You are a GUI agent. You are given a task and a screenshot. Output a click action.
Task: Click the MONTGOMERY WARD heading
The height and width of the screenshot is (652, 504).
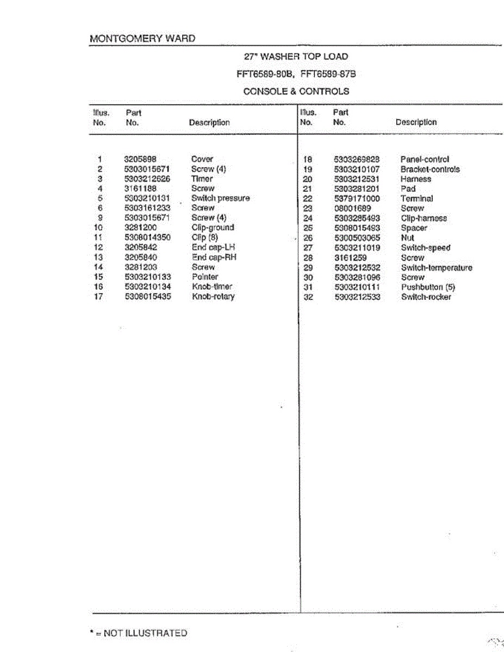coord(142,39)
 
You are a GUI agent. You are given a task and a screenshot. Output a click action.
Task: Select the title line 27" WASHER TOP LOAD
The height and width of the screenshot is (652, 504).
coord(296,57)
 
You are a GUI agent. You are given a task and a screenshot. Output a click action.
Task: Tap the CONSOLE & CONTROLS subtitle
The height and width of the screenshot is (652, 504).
coord(296,91)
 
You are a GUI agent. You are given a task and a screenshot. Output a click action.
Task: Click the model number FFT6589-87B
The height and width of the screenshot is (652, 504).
coord(331,74)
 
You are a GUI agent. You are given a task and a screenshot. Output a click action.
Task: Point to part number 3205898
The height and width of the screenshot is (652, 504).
coord(140,159)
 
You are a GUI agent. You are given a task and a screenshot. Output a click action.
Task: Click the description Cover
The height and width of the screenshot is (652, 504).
coord(202,159)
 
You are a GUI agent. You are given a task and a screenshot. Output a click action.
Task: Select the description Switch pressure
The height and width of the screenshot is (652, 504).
coord(220,198)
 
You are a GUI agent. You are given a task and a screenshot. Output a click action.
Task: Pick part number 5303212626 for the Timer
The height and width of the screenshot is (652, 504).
coord(148,179)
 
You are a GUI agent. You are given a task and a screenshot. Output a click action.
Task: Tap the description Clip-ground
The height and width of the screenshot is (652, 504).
coord(213,228)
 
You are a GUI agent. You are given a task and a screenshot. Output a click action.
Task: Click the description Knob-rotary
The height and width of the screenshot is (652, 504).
coord(213,297)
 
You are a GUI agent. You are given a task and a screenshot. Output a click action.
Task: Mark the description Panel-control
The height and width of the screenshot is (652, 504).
coord(425,160)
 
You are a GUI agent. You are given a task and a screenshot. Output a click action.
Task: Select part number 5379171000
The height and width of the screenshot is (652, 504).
coord(357,199)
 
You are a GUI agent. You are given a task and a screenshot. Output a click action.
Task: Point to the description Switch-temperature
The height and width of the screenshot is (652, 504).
coord(437,268)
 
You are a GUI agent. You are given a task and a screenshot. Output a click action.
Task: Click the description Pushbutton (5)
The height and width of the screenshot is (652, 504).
coord(428,287)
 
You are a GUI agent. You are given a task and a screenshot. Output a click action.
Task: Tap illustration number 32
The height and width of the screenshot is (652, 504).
coord(308,297)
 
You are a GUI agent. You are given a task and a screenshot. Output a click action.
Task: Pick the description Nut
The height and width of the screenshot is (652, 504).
coord(407,238)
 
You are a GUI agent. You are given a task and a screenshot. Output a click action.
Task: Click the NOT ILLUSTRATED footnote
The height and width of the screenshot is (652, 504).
coord(138,633)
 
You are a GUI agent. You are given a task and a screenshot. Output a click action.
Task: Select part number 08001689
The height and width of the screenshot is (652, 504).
coord(351,209)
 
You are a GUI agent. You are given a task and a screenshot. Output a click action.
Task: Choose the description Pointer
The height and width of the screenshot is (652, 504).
coord(204,277)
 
